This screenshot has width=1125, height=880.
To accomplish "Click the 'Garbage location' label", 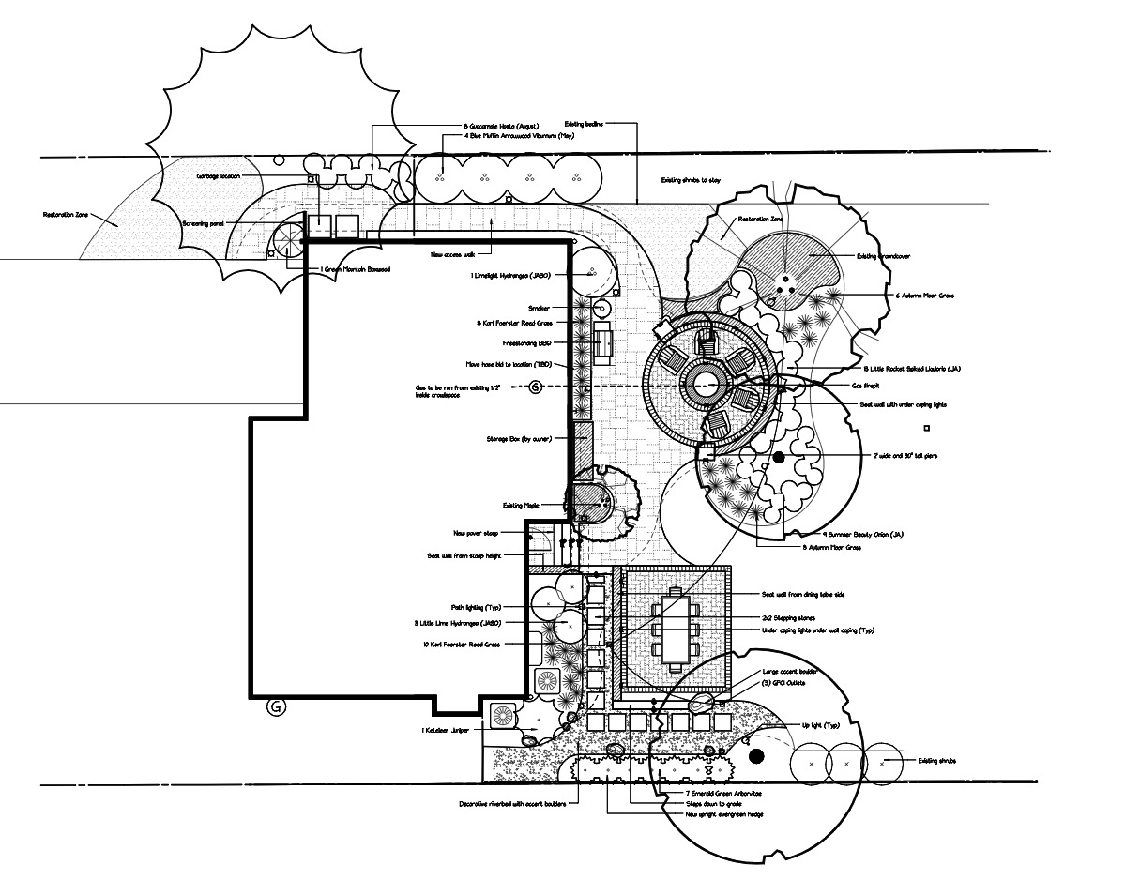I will pyautogui.click(x=218, y=175).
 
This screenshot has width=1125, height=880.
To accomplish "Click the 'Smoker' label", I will pyautogui.click(x=539, y=307).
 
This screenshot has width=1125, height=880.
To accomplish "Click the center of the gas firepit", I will pyautogui.click(x=704, y=384).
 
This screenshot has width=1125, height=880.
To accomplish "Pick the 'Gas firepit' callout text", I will pyautogui.click(x=870, y=386).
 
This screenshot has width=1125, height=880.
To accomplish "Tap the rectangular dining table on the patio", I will pyautogui.click(x=674, y=628).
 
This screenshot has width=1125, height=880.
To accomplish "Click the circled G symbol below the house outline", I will pyautogui.click(x=276, y=707).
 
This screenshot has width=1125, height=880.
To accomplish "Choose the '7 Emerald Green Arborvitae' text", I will pyautogui.click(x=723, y=794).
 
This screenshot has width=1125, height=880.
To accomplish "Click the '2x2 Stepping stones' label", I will pyautogui.click(x=788, y=617).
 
